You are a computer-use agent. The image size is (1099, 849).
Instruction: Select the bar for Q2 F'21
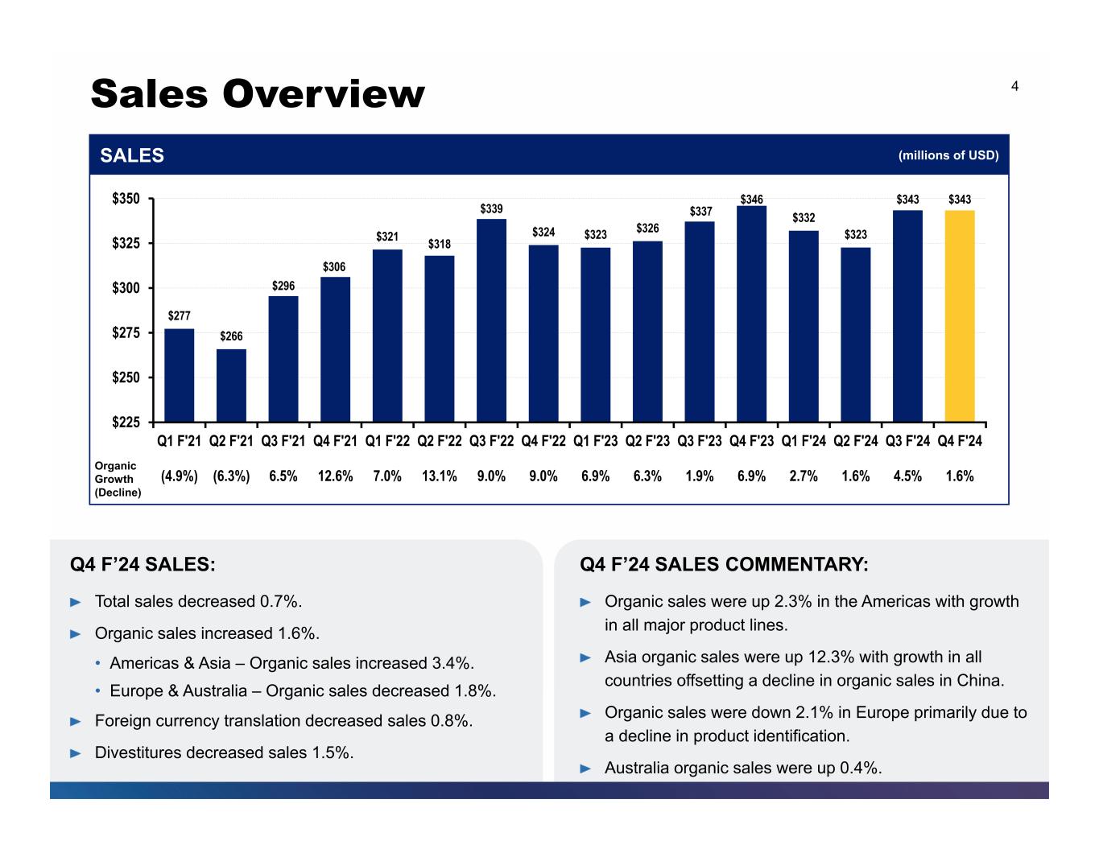(x=231, y=385)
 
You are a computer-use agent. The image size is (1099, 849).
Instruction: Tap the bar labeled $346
(x=751, y=314)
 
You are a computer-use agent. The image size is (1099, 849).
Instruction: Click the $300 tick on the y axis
(x=126, y=288)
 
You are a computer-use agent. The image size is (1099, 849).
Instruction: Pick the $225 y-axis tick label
(x=126, y=422)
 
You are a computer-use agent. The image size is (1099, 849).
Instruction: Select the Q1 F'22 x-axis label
(x=387, y=441)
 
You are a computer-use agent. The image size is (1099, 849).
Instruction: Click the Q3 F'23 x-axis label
(x=700, y=441)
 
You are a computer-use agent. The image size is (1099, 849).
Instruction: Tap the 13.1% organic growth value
(x=439, y=476)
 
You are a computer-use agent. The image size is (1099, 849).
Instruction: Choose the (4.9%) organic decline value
(x=180, y=476)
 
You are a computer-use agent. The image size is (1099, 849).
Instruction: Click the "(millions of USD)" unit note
(x=948, y=155)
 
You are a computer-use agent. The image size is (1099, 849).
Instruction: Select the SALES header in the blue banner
(x=132, y=155)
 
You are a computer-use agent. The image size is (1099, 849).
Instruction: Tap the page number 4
(x=1014, y=86)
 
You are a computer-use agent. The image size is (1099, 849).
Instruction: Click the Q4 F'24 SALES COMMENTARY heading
(x=724, y=565)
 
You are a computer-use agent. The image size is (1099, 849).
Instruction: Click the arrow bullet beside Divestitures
(x=76, y=753)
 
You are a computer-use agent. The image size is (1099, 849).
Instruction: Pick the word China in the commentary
(x=981, y=681)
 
